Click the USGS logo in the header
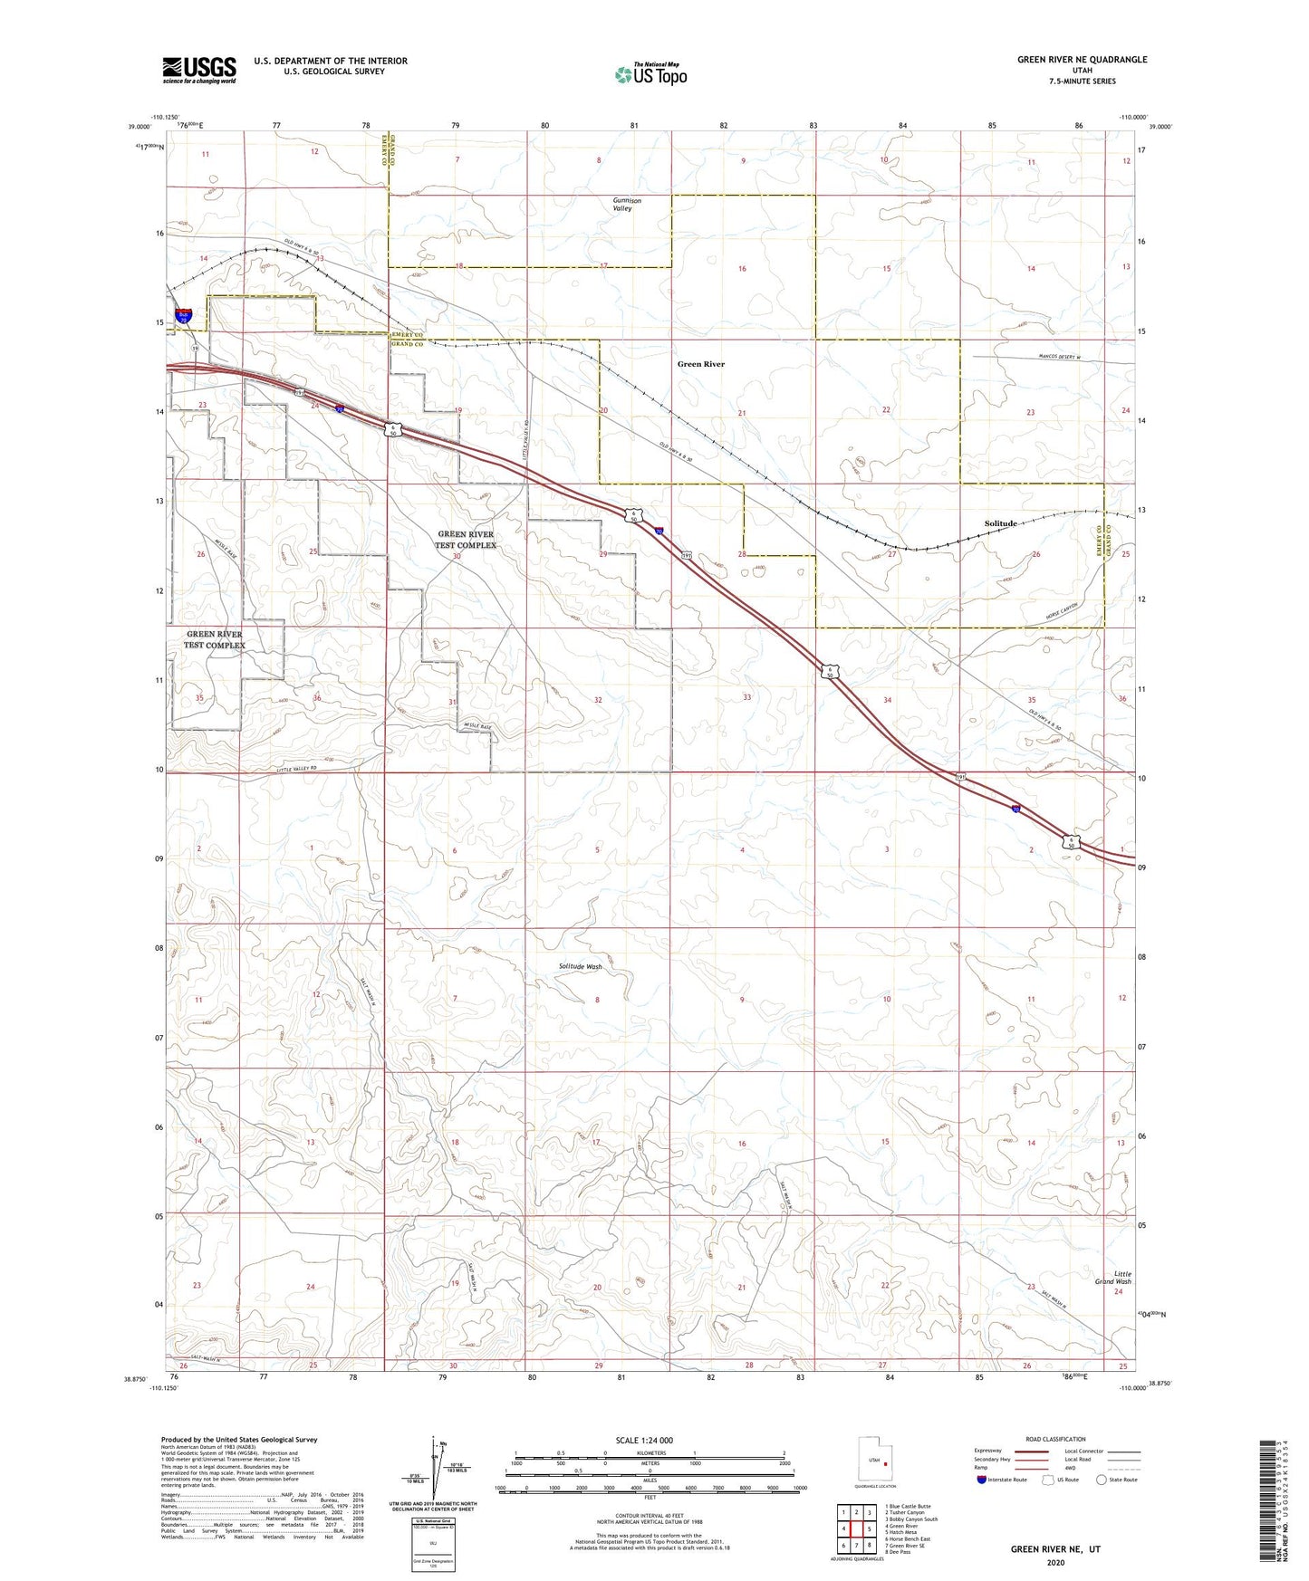pos(199,69)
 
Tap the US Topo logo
pos(650,74)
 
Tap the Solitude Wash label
pos(580,966)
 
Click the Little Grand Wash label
pos(1112,1278)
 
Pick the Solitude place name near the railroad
pos(1000,523)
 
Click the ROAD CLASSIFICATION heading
pos(1055,1439)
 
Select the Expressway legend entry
pos(988,1451)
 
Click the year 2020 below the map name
pos(1055,1562)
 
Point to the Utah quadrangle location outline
pos(874,1461)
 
